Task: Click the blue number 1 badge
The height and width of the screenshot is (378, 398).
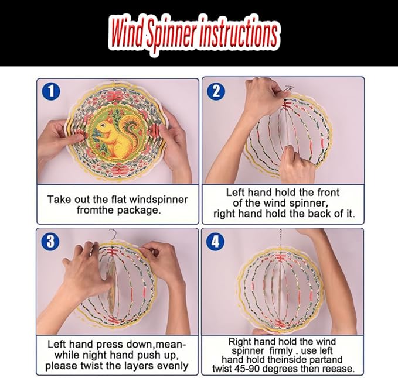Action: click(x=51, y=91)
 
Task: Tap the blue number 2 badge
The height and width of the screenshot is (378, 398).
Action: click(x=216, y=91)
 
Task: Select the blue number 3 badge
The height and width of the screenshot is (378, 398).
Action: click(x=50, y=241)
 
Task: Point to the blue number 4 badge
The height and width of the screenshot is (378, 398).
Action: click(x=215, y=241)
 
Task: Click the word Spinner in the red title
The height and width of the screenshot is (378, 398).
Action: click(x=172, y=34)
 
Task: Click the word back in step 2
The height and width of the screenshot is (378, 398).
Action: click(x=320, y=214)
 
